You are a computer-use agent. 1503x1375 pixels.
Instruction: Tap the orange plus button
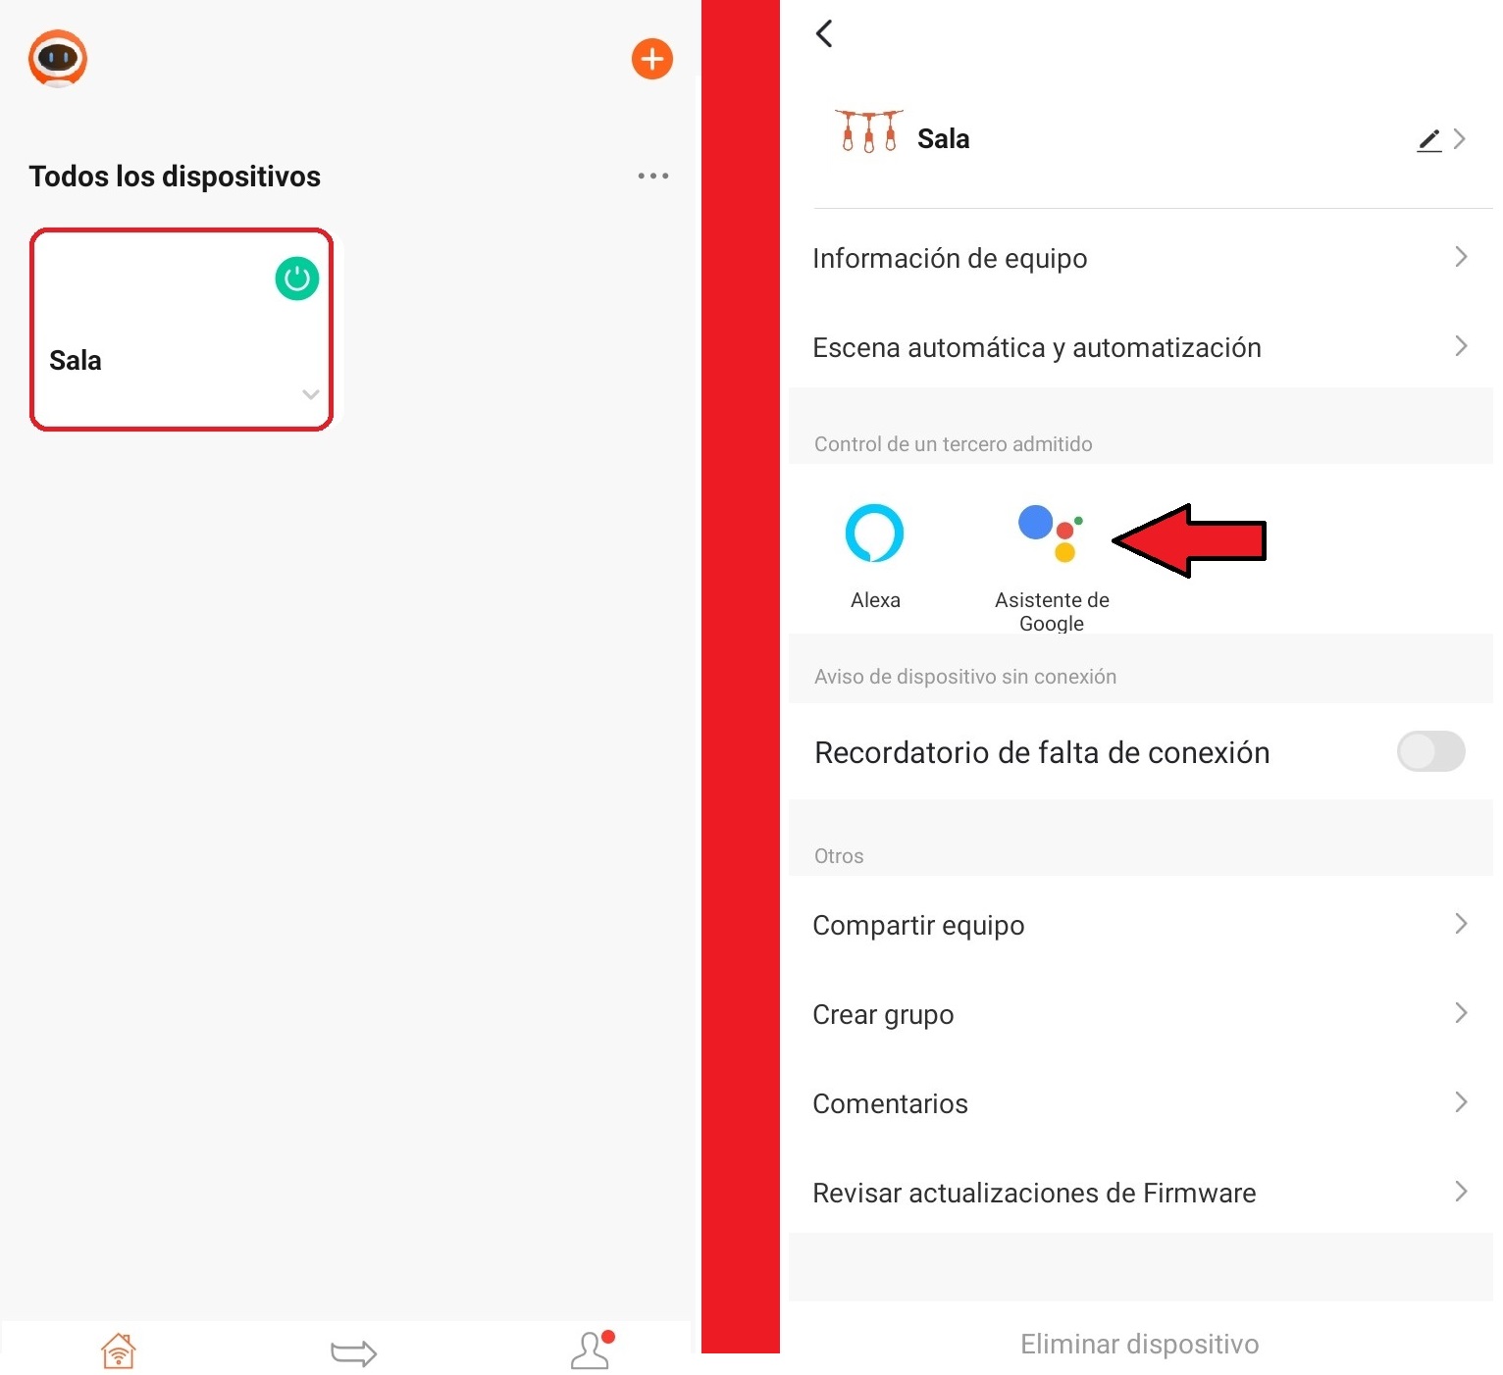click(x=651, y=59)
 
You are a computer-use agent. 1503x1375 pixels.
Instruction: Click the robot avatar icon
click(x=58, y=59)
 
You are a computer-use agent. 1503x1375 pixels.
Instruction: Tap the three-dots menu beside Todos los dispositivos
click(x=652, y=177)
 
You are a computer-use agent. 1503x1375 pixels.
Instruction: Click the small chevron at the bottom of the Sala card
click(x=311, y=394)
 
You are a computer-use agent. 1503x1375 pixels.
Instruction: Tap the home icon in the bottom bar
click(x=119, y=1350)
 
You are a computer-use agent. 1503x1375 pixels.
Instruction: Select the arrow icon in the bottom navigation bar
click(x=353, y=1352)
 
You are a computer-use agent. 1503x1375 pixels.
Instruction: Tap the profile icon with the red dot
click(x=592, y=1350)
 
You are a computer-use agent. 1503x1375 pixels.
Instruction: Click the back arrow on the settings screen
click(x=824, y=33)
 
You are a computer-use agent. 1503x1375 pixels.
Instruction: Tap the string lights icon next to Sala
click(x=868, y=131)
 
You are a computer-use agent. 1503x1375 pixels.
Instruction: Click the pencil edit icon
click(x=1428, y=140)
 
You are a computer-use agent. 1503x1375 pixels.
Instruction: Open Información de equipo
click(x=950, y=259)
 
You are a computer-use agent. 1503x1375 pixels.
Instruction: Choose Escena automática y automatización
click(x=1037, y=348)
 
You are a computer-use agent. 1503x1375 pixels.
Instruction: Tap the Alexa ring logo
click(x=874, y=533)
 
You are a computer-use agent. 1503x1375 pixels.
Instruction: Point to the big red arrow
click(x=1189, y=540)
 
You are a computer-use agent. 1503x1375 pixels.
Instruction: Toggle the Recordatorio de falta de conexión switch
click(x=1430, y=751)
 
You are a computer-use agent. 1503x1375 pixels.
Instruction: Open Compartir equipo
click(x=918, y=926)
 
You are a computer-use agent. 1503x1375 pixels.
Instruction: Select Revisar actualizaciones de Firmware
click(x=1034, y=1193)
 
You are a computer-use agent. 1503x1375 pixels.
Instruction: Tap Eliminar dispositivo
click(x=1140, y=1345)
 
